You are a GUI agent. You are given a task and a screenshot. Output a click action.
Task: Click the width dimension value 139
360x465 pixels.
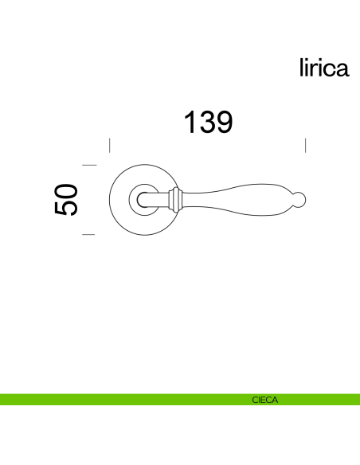[x=208, y=122]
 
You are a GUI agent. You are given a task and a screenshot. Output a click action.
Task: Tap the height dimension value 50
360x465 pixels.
[x=67, y=200]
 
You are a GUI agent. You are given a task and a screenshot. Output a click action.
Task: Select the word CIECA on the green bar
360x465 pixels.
[x=264, y=400]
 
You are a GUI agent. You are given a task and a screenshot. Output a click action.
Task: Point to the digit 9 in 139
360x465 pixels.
[x=223, y=122]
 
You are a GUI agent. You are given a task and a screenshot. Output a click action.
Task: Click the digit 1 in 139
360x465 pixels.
[x=191, y=122]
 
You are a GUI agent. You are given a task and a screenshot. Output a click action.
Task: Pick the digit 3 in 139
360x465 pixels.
[x=207, y=122]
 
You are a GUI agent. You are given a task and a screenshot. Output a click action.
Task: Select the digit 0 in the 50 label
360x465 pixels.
[x=67, y=191]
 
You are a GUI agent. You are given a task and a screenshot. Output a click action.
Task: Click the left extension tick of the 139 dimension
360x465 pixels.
[x=109, y=145]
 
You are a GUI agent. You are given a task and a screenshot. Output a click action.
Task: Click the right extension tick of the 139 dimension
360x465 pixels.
[x=306, y=145]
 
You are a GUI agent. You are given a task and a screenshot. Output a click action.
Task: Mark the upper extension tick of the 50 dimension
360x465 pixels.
[x=89, y=165]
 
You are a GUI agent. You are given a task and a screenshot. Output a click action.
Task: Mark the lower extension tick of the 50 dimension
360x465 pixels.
[x=89, y=235]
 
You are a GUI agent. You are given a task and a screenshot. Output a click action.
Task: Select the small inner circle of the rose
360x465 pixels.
[x=147, y=199]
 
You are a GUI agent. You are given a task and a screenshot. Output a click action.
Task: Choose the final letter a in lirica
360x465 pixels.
[x=342, y=69]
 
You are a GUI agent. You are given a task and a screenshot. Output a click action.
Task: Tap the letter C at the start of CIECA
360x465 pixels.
[x=254, y=400]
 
